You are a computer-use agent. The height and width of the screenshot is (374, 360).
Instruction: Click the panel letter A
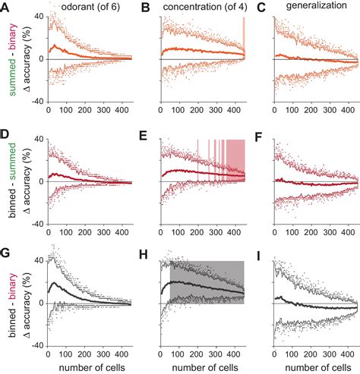[5, 7]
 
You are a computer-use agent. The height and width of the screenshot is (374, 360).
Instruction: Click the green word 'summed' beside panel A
[8, 83]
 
